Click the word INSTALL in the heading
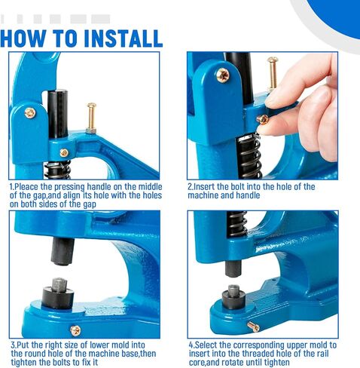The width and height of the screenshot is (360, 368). (x=124, y=38)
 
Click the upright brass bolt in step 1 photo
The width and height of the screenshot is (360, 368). (x=91, y=118)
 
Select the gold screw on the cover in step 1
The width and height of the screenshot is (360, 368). (x=30, y=113)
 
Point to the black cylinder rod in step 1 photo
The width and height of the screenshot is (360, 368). (x=58, y=114)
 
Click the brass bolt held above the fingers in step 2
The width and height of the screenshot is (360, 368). (x=273, y=74)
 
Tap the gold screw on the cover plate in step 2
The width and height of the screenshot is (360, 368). (x=223, y=75)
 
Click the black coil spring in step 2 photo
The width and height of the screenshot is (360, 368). (x=250, y=156)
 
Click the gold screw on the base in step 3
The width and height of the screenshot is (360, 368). (x=75, y=330)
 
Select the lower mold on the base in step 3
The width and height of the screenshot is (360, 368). (x=57, y=293)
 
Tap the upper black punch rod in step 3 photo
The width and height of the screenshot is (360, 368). (x=63, y=251)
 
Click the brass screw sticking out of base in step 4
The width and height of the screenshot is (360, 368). (x=253, y=327)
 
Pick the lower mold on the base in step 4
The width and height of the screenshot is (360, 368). (x=233, y=297)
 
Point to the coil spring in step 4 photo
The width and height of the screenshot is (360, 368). (x=236, y=224)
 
